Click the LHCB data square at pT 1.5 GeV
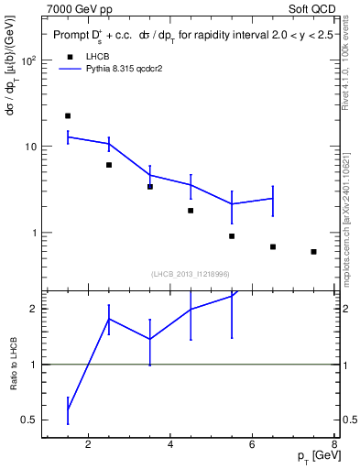68,116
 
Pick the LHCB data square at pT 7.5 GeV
313,252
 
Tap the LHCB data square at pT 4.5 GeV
191,211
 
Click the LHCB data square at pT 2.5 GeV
109,165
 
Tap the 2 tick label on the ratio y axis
33,309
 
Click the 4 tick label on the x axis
172,446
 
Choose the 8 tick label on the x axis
335,446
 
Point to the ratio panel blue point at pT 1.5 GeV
68,409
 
